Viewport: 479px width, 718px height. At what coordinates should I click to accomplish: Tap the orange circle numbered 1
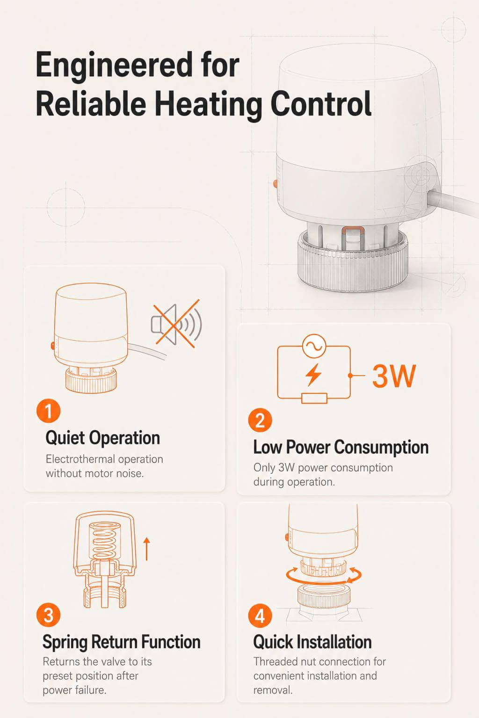click(x=48, y=411)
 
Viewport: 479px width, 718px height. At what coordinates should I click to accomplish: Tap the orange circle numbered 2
click(x=260, y=420)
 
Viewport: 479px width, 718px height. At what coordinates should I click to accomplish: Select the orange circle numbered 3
click(x=48, y=615)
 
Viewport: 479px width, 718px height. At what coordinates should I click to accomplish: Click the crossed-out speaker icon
click(x=176, y=324)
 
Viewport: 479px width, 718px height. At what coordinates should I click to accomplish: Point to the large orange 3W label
click(x=394, y=376)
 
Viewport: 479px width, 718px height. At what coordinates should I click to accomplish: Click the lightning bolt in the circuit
click(x=313, y=374)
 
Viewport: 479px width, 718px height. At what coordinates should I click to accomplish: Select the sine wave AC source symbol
click(x=314, y=346)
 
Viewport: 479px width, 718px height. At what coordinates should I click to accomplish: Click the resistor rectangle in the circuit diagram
click(x=314, y=398)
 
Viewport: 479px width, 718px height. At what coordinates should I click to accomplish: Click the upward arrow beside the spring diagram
click(x=146, y=549)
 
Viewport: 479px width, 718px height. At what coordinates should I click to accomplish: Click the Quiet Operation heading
click(x=102, y=438)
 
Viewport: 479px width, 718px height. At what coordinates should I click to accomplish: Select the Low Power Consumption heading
click(x=341, y=447)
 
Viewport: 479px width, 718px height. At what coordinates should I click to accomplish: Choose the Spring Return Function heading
click(x=122, y=642)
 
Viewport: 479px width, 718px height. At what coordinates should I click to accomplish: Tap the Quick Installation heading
click(x=312, y=642)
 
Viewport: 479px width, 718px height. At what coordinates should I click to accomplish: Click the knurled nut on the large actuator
click(x=353, y=263)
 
